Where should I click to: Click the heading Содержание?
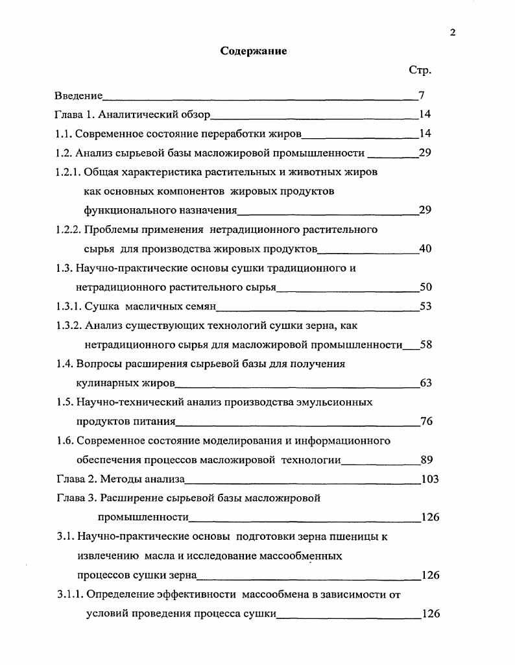tap(254, 51)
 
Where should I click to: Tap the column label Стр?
tap(420, 69)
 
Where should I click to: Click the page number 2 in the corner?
tap(452, 33)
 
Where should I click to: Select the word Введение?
tap(78, 96)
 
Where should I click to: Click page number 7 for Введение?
tap(422, 96)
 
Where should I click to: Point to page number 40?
tap(425, 248)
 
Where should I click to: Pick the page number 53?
tap(425, 306)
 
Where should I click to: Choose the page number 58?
tap(426, 345)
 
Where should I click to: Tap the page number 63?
tap(426, 383)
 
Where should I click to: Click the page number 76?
tap(426, 421)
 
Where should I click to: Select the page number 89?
tap(426, 460)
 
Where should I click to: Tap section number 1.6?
tap(64, 441)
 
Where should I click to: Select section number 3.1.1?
tap(70, 594)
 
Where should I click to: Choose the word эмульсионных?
tap(334, 402)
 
